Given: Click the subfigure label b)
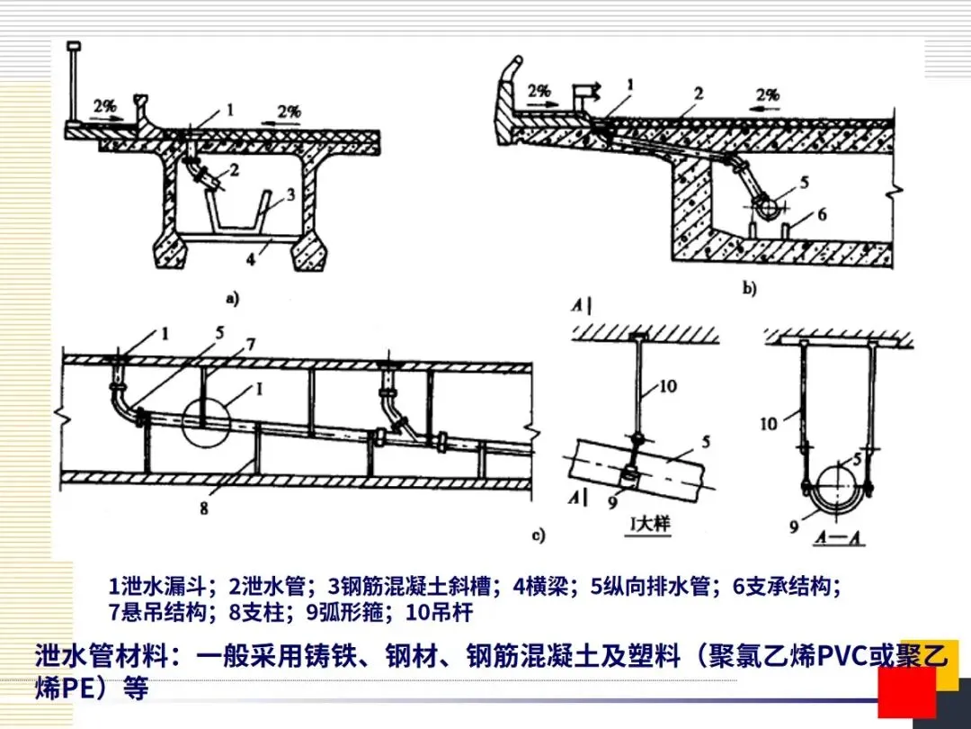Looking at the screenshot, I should (x=749, y=290).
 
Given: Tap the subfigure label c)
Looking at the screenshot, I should (x=539, y=537).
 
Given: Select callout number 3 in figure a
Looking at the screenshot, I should (x=290, y=193).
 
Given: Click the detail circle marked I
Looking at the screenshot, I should (x=205, y=421).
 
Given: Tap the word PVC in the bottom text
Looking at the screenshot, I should (x=838, y=656).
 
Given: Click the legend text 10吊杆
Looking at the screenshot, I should (x=439, y=613).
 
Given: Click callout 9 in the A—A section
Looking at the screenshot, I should (x=794, y=526).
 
